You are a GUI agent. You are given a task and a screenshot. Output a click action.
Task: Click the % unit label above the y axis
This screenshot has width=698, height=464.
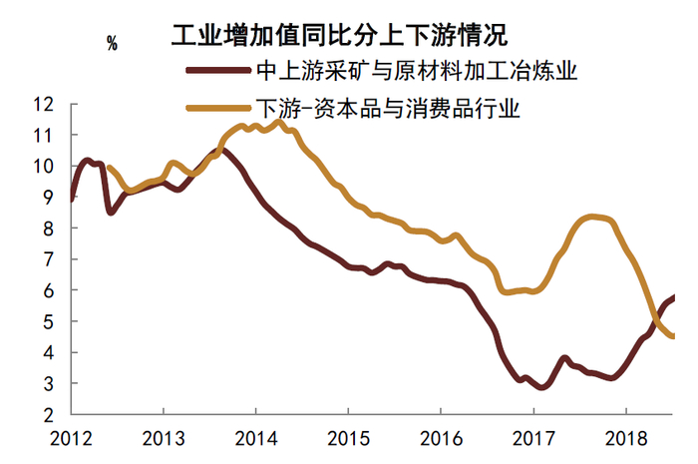tap(112, 43)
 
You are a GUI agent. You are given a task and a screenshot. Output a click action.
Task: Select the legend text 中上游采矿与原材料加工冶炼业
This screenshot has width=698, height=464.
tap(418, 71)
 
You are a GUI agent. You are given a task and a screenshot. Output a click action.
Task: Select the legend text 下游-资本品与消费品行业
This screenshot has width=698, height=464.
tap(390, 106)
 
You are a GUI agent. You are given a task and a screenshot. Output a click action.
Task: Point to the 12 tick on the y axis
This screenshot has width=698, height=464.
tap(43, 104)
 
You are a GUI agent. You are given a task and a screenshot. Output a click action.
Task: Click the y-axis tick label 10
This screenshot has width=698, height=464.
tap(43, 166)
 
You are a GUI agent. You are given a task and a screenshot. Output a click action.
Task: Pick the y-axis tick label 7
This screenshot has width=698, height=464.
tap(48, 259)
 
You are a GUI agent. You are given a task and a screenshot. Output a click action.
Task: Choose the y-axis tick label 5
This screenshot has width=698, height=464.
tap(48, 321)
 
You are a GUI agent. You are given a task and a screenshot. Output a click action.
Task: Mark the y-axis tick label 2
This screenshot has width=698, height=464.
tap(48, 414)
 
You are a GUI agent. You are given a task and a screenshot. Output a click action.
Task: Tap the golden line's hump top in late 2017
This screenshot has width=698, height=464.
tap(593, 217)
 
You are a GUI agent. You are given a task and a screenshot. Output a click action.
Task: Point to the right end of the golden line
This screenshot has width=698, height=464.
tap(672, 336)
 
